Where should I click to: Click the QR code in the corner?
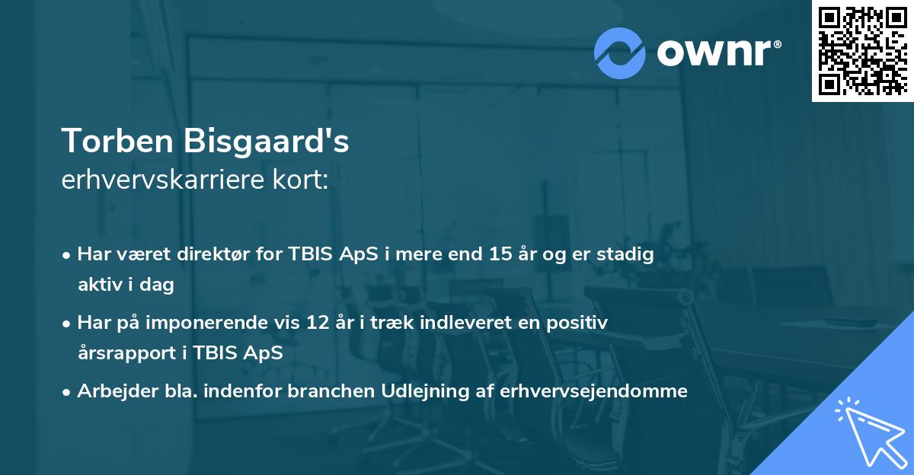click(x=862, y=51)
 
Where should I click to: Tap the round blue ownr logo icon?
click(x=620, y=53)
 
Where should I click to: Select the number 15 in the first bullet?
click(x=499, y=255)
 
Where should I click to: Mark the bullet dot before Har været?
click(x=67, y=256)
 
